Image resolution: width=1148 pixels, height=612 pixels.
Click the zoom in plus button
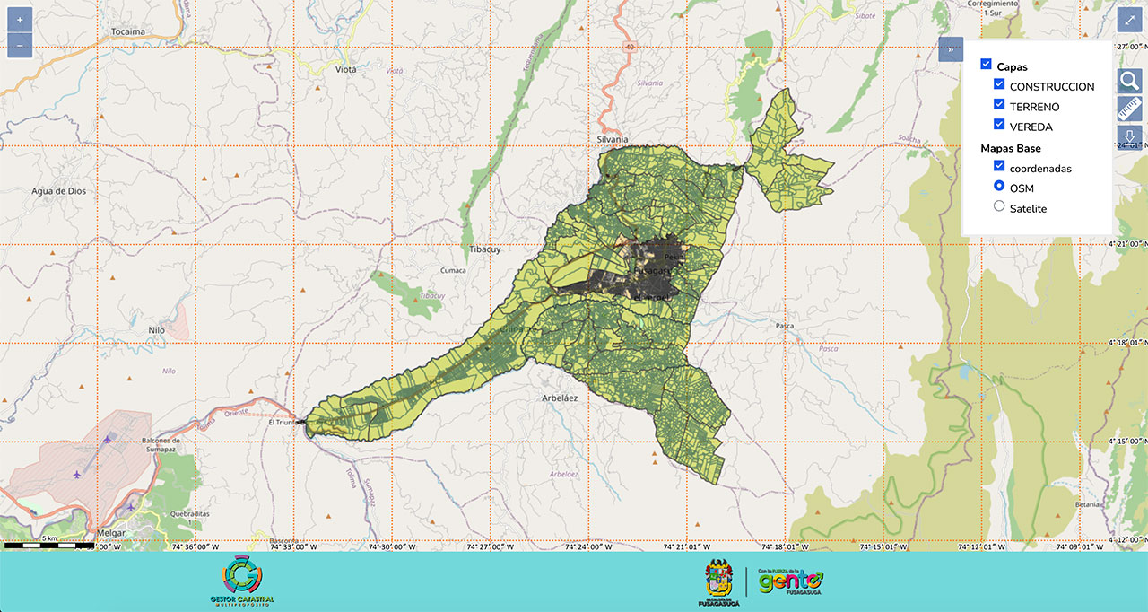(x=20, y=20)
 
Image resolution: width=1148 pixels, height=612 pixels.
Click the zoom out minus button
(x=20, y=45)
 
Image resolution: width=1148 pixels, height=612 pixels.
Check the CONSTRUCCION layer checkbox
(x=999, y=84)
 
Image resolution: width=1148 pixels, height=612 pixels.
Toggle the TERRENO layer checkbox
(x=999, y=105)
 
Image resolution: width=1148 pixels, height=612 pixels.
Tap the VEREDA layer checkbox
(x=999, y=125)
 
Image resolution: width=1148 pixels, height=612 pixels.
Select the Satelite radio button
(x=999, y=206)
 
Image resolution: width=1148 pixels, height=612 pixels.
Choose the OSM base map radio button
(x=999, y=186)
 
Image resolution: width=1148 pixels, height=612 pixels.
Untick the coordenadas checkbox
(x=999, y=166)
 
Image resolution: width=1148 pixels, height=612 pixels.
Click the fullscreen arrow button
(x=1129, y=20)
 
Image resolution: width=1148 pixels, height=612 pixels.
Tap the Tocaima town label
(x=128, y=31)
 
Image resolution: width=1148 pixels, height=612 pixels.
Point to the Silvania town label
(x=613, y=139)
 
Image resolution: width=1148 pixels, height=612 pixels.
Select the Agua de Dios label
(x=57, y=190)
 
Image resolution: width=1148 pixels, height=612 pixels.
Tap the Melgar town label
(x=109, y=532)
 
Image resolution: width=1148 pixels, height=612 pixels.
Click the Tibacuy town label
(x=484, y=249)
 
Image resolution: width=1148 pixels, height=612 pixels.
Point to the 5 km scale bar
(x=49, y=544)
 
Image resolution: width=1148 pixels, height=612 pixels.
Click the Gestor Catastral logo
(x=241, y=581)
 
